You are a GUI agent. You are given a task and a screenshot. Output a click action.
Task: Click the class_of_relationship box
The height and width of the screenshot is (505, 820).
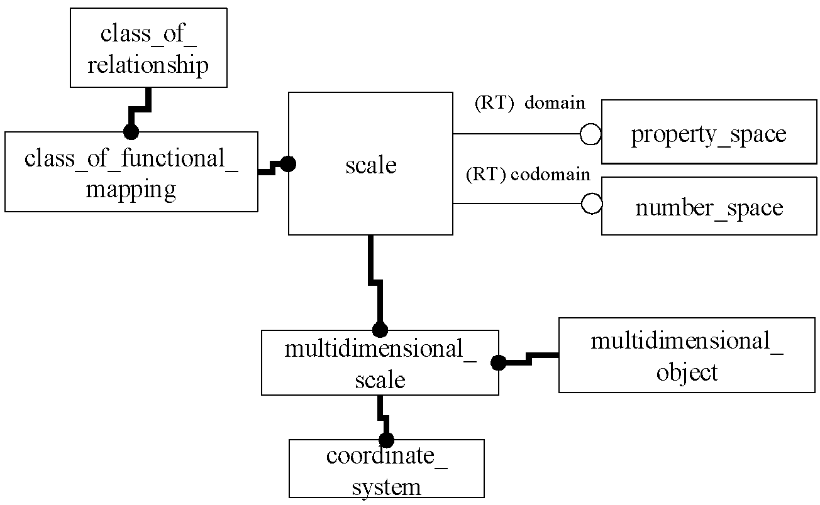pos(148,48)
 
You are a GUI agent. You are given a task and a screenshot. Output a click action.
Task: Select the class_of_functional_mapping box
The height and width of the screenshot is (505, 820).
pos(131,171)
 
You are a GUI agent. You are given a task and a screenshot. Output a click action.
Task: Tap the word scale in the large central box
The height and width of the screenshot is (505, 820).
pos(371,165)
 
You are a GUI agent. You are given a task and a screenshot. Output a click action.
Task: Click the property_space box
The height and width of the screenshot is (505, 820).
pos(709,132)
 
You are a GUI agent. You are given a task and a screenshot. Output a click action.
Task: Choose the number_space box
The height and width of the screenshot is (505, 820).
pos(709,206)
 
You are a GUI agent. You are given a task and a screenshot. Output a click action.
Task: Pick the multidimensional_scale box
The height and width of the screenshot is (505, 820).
pos(380,362)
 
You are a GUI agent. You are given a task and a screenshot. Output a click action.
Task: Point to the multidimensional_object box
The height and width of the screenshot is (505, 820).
pos(687,355)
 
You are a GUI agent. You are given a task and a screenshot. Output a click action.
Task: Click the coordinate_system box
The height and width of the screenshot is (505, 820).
pos(387,469)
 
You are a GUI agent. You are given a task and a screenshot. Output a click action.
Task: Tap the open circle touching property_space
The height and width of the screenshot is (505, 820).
pos(590,134)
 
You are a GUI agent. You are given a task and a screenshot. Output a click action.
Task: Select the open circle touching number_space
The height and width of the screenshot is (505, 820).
pos(592,204)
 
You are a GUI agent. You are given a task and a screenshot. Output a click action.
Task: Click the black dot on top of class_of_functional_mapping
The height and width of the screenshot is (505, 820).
pos(131,132)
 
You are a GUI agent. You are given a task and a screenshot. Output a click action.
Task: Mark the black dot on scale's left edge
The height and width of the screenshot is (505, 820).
pos(288,164)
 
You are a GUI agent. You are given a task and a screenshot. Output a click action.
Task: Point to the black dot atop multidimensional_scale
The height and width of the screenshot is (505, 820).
pos(380,330)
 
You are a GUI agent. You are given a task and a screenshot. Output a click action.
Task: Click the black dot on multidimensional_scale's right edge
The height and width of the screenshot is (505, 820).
pos(499,363)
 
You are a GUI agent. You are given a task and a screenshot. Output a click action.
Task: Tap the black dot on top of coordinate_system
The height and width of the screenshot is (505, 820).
pos(387,440)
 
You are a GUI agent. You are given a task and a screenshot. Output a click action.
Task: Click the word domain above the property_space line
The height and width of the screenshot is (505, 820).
pos(555,103)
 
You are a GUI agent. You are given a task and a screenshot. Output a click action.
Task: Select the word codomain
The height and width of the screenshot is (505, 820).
pos(551,174)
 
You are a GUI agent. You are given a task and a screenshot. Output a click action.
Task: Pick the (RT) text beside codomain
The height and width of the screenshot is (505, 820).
pos(486,175)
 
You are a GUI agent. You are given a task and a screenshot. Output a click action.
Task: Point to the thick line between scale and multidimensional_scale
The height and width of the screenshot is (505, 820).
pos(375,282)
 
